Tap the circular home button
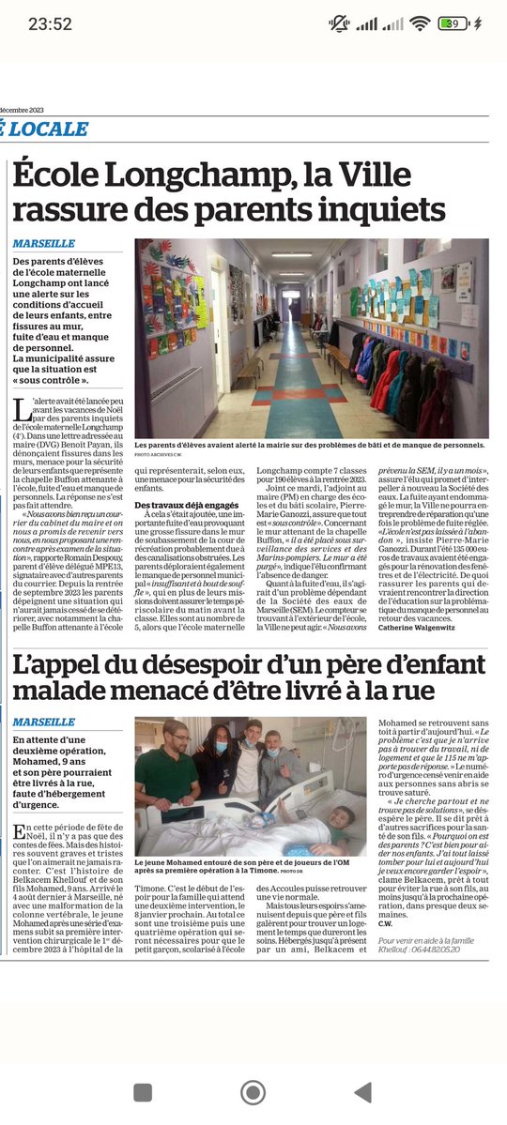pos(253,1092)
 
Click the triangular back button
pos(362,1092)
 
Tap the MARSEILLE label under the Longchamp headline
pos(44,244)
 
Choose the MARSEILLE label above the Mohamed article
pos(44,722)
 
